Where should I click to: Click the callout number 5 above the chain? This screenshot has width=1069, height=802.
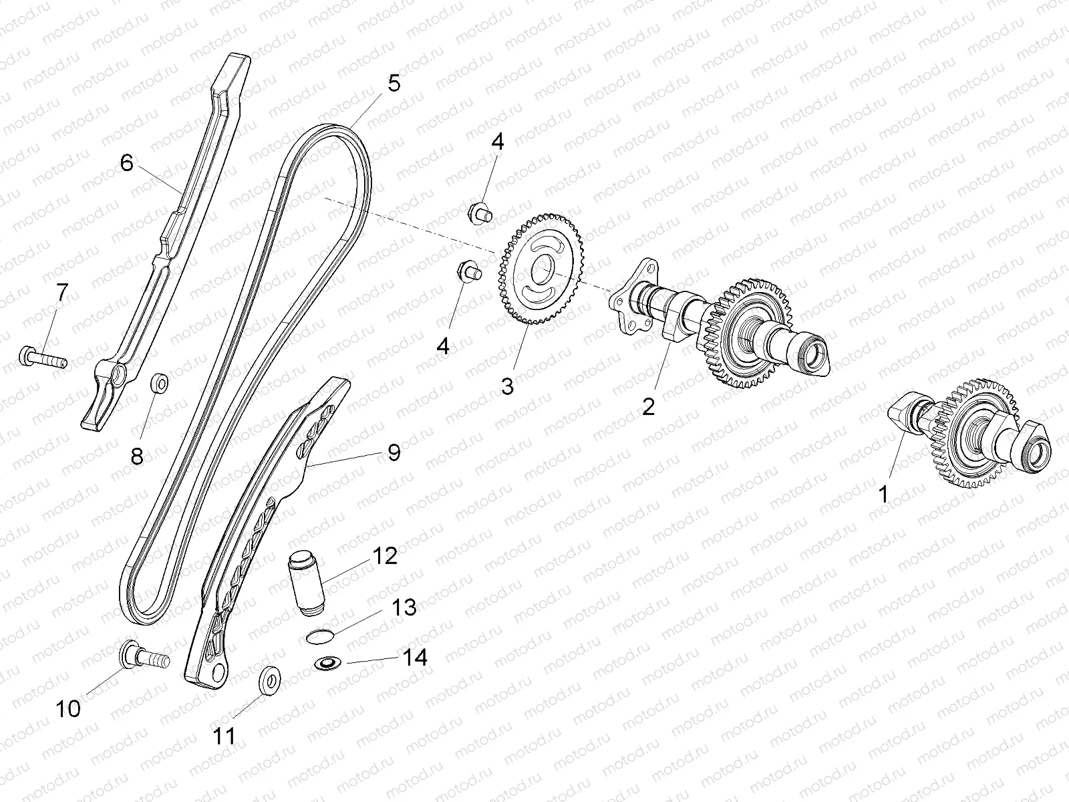(393, 84)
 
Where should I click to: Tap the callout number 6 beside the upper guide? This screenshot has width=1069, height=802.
(127, 162)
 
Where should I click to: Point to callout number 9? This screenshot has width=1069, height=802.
(394, 452)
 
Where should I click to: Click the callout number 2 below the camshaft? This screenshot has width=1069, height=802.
(648, 406)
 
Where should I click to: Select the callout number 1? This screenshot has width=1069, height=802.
(883, 495)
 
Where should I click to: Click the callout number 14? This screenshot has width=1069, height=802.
(414, 657)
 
